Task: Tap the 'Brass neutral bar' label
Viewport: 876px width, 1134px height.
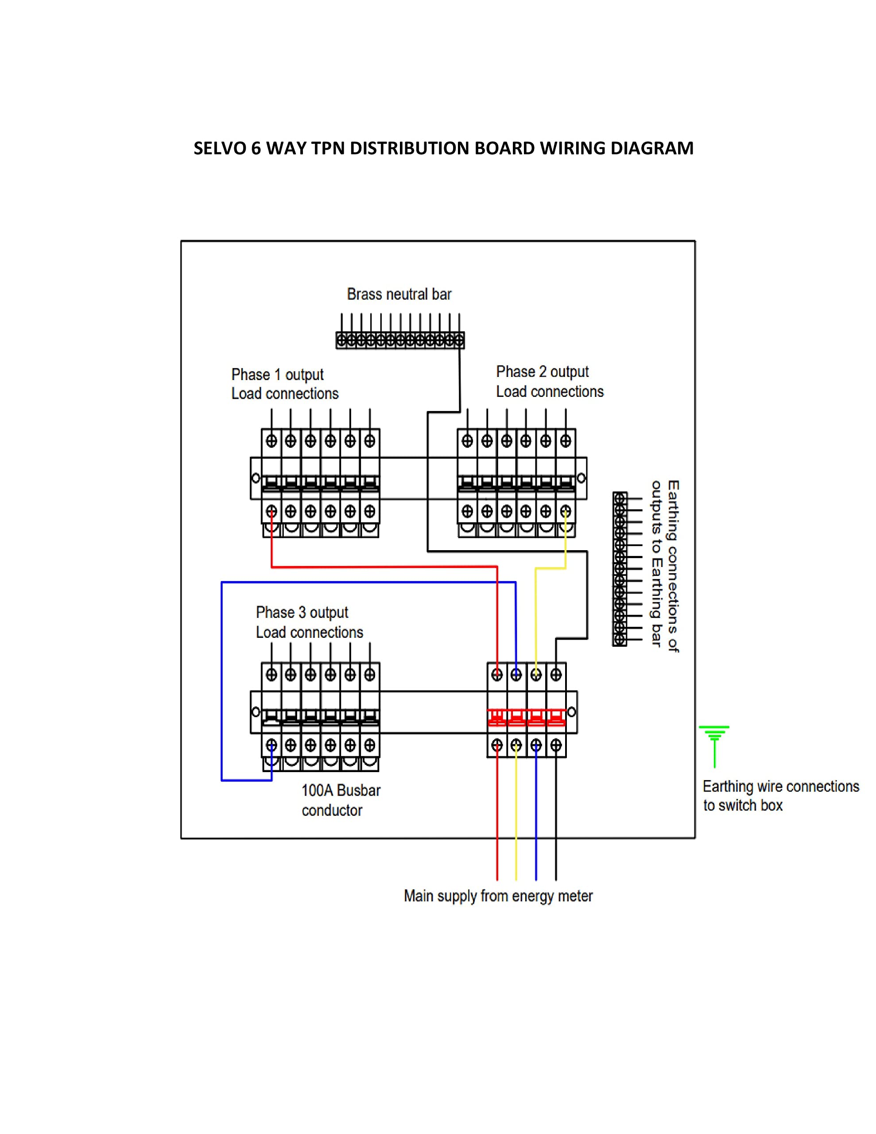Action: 399,295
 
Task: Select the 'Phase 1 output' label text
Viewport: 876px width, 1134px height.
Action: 277,374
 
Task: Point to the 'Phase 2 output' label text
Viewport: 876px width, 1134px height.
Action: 542,372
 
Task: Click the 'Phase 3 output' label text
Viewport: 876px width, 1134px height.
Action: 302,613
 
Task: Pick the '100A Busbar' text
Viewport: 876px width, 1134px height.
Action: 341,790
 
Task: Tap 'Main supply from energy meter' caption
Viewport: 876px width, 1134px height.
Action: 498,896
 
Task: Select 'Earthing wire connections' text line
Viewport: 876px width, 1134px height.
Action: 780,787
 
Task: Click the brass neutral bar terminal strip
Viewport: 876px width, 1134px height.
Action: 400,341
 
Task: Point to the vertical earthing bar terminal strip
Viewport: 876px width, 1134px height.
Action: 620,569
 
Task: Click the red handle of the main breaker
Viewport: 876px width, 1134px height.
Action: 527,718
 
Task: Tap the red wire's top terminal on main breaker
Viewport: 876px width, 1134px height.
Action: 497,675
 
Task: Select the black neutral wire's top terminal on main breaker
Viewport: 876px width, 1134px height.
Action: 556,675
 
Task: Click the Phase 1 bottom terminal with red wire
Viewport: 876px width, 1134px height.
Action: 271,512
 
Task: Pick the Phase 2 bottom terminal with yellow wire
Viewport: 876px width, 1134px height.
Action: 565,512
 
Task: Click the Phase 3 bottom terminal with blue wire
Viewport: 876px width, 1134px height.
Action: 271,746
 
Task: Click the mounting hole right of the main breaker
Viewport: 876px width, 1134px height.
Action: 571,712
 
